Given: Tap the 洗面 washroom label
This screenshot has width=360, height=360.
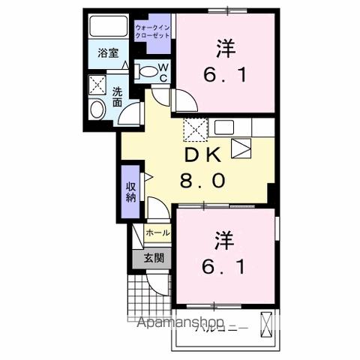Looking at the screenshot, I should click(x=118, y=98).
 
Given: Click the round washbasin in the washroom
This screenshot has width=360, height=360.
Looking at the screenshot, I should click(x=97, y=110).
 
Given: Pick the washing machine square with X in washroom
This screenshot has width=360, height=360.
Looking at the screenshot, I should click(x=97, y=83).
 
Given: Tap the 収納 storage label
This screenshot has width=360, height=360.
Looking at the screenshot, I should click(x=131, y=192).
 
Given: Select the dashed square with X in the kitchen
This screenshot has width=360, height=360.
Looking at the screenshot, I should click(x=196, y=130).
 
